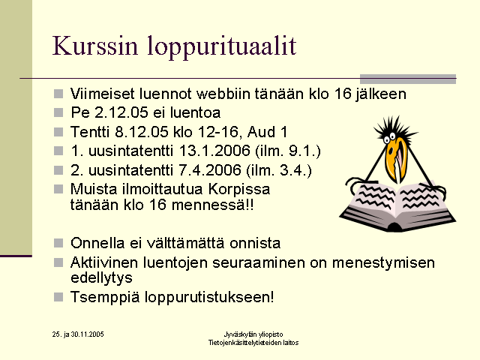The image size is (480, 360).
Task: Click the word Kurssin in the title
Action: point(95,46)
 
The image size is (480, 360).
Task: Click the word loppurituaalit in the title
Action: point(222,47)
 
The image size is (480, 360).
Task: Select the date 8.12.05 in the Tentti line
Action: point(142,132)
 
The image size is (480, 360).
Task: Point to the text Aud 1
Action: point(267,132)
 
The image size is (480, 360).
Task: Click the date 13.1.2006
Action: point(214,151)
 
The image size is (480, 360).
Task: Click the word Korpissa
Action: point(239,190)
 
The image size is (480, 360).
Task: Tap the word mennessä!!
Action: point(213,205)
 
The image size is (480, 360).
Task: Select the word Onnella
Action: point(97,243)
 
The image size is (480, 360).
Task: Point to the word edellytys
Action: point(101,278)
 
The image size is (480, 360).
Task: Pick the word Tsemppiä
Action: point(105,297)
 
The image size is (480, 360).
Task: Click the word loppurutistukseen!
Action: point(209,297)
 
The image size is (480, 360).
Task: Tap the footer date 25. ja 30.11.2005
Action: point(78,334)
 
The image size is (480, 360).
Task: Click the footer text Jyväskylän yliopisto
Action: point(253,334)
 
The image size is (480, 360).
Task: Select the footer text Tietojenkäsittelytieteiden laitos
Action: point(253,343)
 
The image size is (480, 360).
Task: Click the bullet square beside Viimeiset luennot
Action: point(58,94)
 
